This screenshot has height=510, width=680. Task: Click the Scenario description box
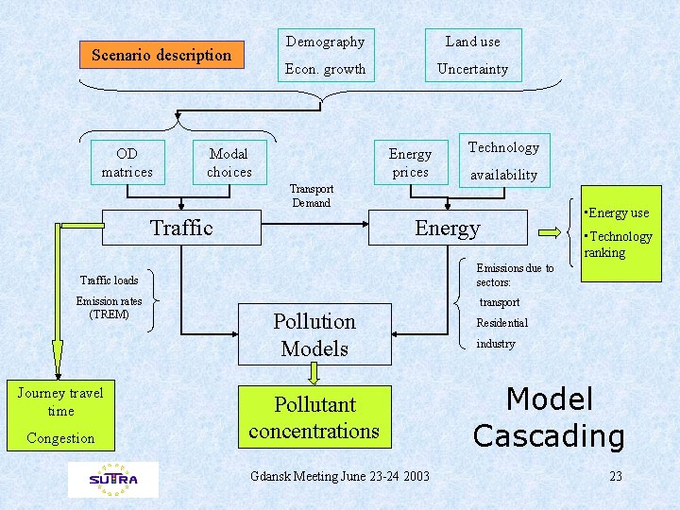pyautogui.click(x=161, y=55)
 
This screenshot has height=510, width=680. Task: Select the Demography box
pyautogui.click(x=325, y=42)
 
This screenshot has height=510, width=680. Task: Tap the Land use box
pyautogui.click(x=472, y=42)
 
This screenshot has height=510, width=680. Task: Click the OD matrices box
pyautogui.click(x=127, y=162)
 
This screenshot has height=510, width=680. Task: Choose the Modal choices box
pyautogui.click(x=229, y=162)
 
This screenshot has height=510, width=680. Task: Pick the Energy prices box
pyautogui.click(x=410, y=162)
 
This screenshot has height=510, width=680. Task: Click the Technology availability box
pyautogui.click(x=503, y=160)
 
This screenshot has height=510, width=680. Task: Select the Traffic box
pyautogui.click(x=182, y=228)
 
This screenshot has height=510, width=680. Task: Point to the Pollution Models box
pyautogui.click(x=314, y=334)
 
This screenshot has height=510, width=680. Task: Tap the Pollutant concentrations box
pyautogui.click(x=314, y=417)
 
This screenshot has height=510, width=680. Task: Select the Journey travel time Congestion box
pyautogui.click(x=60, y=415)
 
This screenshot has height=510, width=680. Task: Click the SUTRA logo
pyautogui.click(x=113, y=479)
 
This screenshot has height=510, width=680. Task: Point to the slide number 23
pyautogui.click(x=616, y=476)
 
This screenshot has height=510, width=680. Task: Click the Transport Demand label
pyautogui.click(x=312, y=195)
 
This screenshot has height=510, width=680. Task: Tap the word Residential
pyautogui.click(x=501, y=323)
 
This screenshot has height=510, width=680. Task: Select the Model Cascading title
pyautogui.click(x=549, y=416)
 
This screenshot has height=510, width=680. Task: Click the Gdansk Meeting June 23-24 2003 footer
pyautogui.click(x=340, y=476)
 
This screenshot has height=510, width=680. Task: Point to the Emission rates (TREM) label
pyautogui.click(x=110, y=308)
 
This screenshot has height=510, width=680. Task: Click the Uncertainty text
pyautogui.click(x=472, y=69)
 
